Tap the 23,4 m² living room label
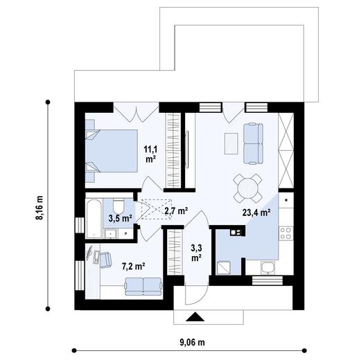pyautogui.click(x=256, y=213)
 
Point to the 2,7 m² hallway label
pyautogui.click(x=176, y=210)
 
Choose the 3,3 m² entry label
pyautogui.click(x=196, y=251)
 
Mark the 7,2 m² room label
pyautogui.click(x=133, y=265)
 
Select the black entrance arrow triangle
pyautogui.click(x=196, y=318)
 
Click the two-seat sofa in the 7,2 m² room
pyautogui.click(x=143, y=285)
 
